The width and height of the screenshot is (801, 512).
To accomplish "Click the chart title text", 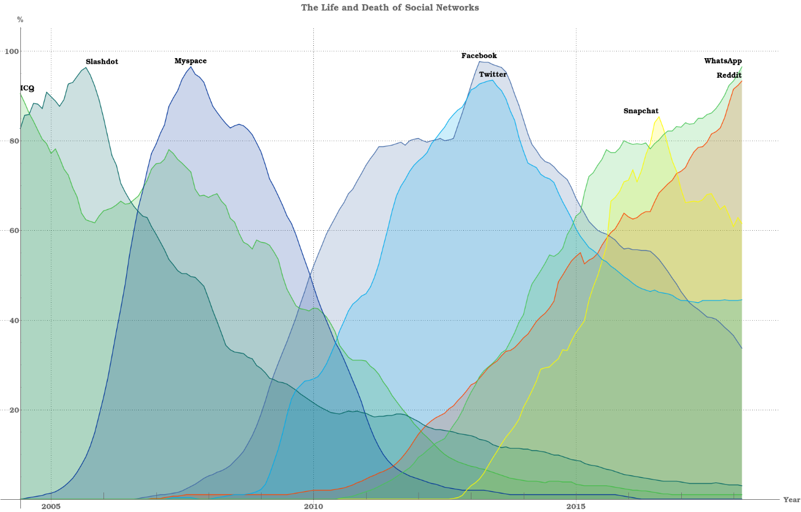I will pos(389,8).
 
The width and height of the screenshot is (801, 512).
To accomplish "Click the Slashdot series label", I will pos(102,62).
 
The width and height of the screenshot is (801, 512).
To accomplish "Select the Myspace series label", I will pos(191,61).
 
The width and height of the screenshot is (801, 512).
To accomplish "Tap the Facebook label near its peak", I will pos(479,56).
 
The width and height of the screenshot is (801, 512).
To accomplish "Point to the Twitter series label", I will pos(493,74).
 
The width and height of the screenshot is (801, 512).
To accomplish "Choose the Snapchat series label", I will pos(641,111).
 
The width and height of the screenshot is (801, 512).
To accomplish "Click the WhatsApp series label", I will pos(723,61).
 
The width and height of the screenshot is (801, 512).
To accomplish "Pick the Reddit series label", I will pos(729,76).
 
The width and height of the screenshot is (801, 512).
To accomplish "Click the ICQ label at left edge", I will pos(27,88).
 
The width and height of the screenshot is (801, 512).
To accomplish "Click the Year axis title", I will pos(791,500).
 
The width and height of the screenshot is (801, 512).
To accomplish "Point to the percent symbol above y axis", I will pos(20,20).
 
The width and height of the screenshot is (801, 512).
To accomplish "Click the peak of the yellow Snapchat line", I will pos(659,117).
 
